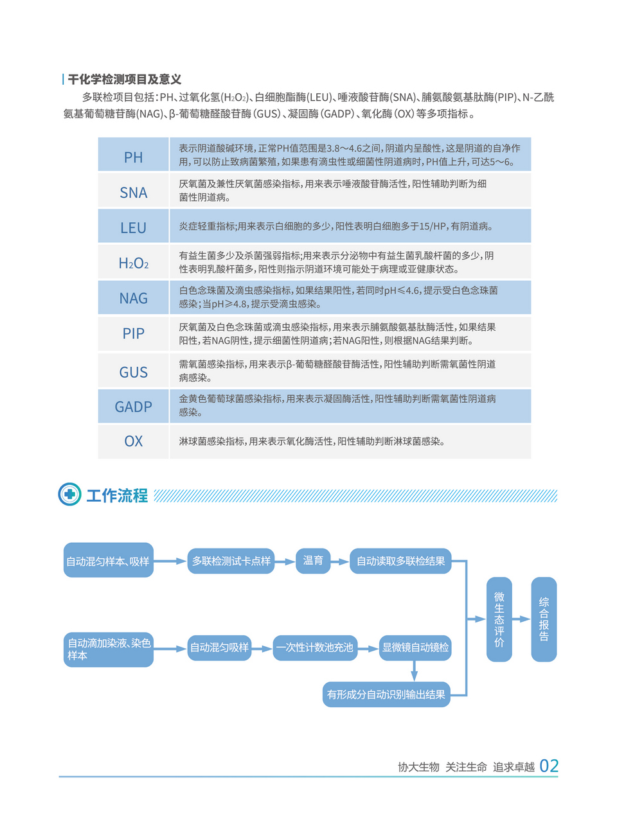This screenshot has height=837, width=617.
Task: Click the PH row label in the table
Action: pyautogui.click(x=134, y=157)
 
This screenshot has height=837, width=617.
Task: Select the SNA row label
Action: pyautogui.click(x=134, y=192)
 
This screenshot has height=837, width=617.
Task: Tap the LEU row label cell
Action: pyautogui.click(x=134, y=227)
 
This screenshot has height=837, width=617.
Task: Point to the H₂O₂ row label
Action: pyautogui.click(x=134, y=263)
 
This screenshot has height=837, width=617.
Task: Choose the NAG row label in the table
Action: pyautogui.click(x=134, y=298)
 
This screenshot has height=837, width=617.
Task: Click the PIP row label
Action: pyautogui.click(x=134, y=333)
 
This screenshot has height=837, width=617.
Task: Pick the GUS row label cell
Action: pyautogui.click(x=134, y=372)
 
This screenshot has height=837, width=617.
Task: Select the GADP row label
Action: pyautogui.click(x=134, y=407)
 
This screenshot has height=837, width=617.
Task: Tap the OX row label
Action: pyautogui.click(x=134, y=441)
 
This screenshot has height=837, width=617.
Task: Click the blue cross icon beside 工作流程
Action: pyautogui.click(x=69, y=494)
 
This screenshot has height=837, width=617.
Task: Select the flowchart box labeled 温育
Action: pyautogui.click(x=313, y=561)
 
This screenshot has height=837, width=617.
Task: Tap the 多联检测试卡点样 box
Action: pyautogui.click(x=231, y=561)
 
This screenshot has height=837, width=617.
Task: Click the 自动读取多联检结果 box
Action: pyautogui.click(x=400, y=561)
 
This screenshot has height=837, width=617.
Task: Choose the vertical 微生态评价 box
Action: pyautogui.click(x=499, y=619)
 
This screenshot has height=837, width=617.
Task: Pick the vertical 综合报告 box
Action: pyautogui.click(x=544, y=619)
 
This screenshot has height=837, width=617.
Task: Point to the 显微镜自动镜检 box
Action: pyautogui.click(x=415, y=648)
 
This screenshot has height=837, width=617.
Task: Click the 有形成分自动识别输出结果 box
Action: pyautogui.click(x=386, y=694)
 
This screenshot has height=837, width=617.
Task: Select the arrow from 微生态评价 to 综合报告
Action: pyautogui.click(x=521, y=619)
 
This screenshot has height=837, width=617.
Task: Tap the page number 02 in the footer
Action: pyautogui.click(x=549, y=766)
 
